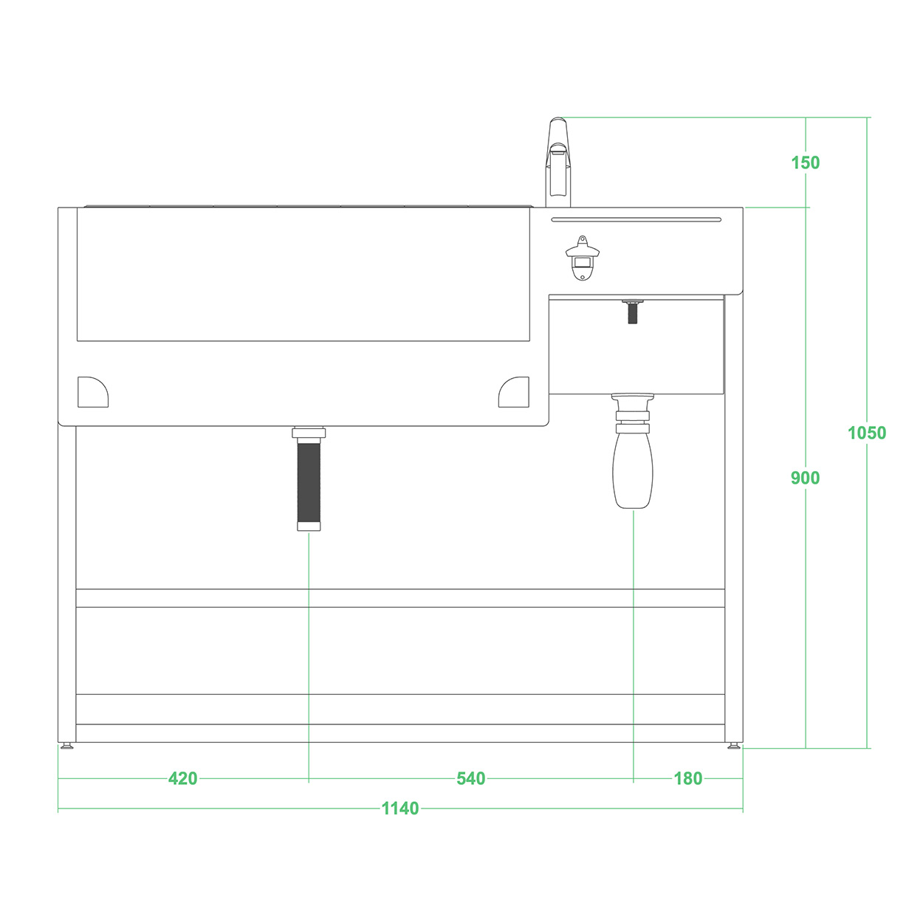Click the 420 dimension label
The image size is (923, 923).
tap(182, 778)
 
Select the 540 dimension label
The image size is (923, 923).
tap(470, 778)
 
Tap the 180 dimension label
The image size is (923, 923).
tap(687, 778)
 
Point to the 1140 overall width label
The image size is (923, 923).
tap(400, 809)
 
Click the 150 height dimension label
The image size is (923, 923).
tap(805, 163)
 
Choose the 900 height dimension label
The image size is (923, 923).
tap(805, 478)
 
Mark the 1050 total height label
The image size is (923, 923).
tap(866, 433)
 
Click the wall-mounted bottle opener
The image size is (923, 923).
tap(583, 258)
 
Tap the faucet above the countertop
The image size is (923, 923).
tap(558, 162)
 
